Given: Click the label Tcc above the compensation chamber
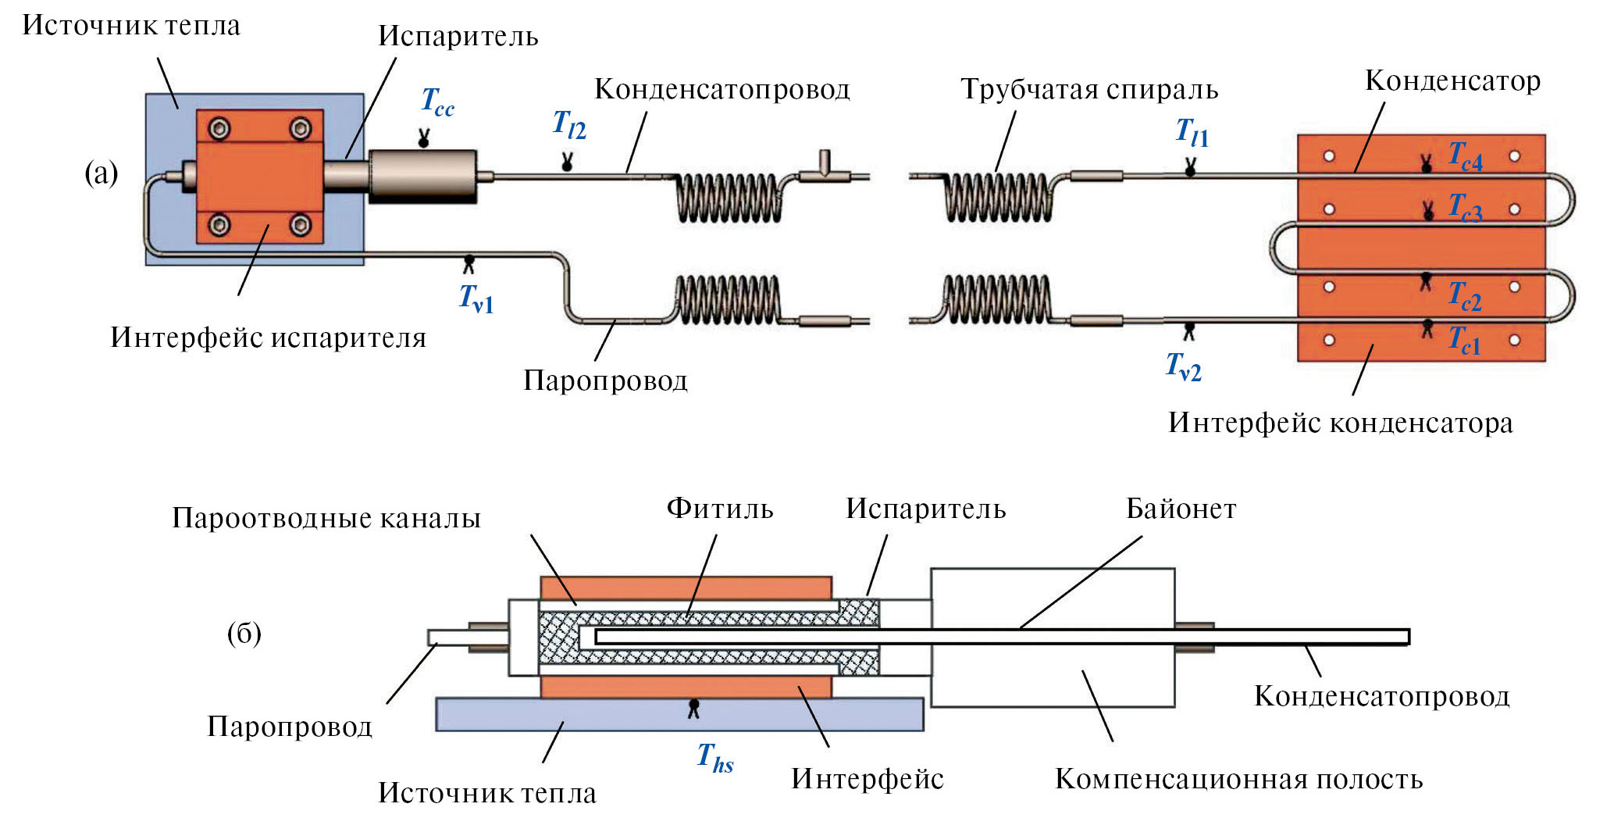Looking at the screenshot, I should click(437, 102).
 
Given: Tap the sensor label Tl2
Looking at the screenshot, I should click(568, 125).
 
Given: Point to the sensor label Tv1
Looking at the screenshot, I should click(476, 298).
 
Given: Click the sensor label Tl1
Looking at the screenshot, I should click(1192, 133).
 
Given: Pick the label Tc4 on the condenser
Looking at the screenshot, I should click(1465, 155).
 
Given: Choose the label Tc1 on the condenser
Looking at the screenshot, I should click(1464, 340).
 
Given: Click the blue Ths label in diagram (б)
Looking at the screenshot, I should click(714, 757).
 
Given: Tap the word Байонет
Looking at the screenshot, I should click(1181, 509).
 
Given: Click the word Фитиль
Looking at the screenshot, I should click(719, 509).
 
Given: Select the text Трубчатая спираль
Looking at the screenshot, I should click(1088, 89).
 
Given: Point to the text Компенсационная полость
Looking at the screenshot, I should click(1238, 779).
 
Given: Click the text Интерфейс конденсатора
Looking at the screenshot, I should click(1340, 423).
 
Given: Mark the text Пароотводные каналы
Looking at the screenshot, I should click(326, 518).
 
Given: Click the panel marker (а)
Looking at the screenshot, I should click(102, 173).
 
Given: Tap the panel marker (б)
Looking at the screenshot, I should click(244, 633).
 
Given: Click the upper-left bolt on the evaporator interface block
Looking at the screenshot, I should click(219, 128).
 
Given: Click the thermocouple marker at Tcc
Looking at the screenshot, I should click(423, 140).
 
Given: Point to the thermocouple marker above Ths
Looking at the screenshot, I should click(693, 708).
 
